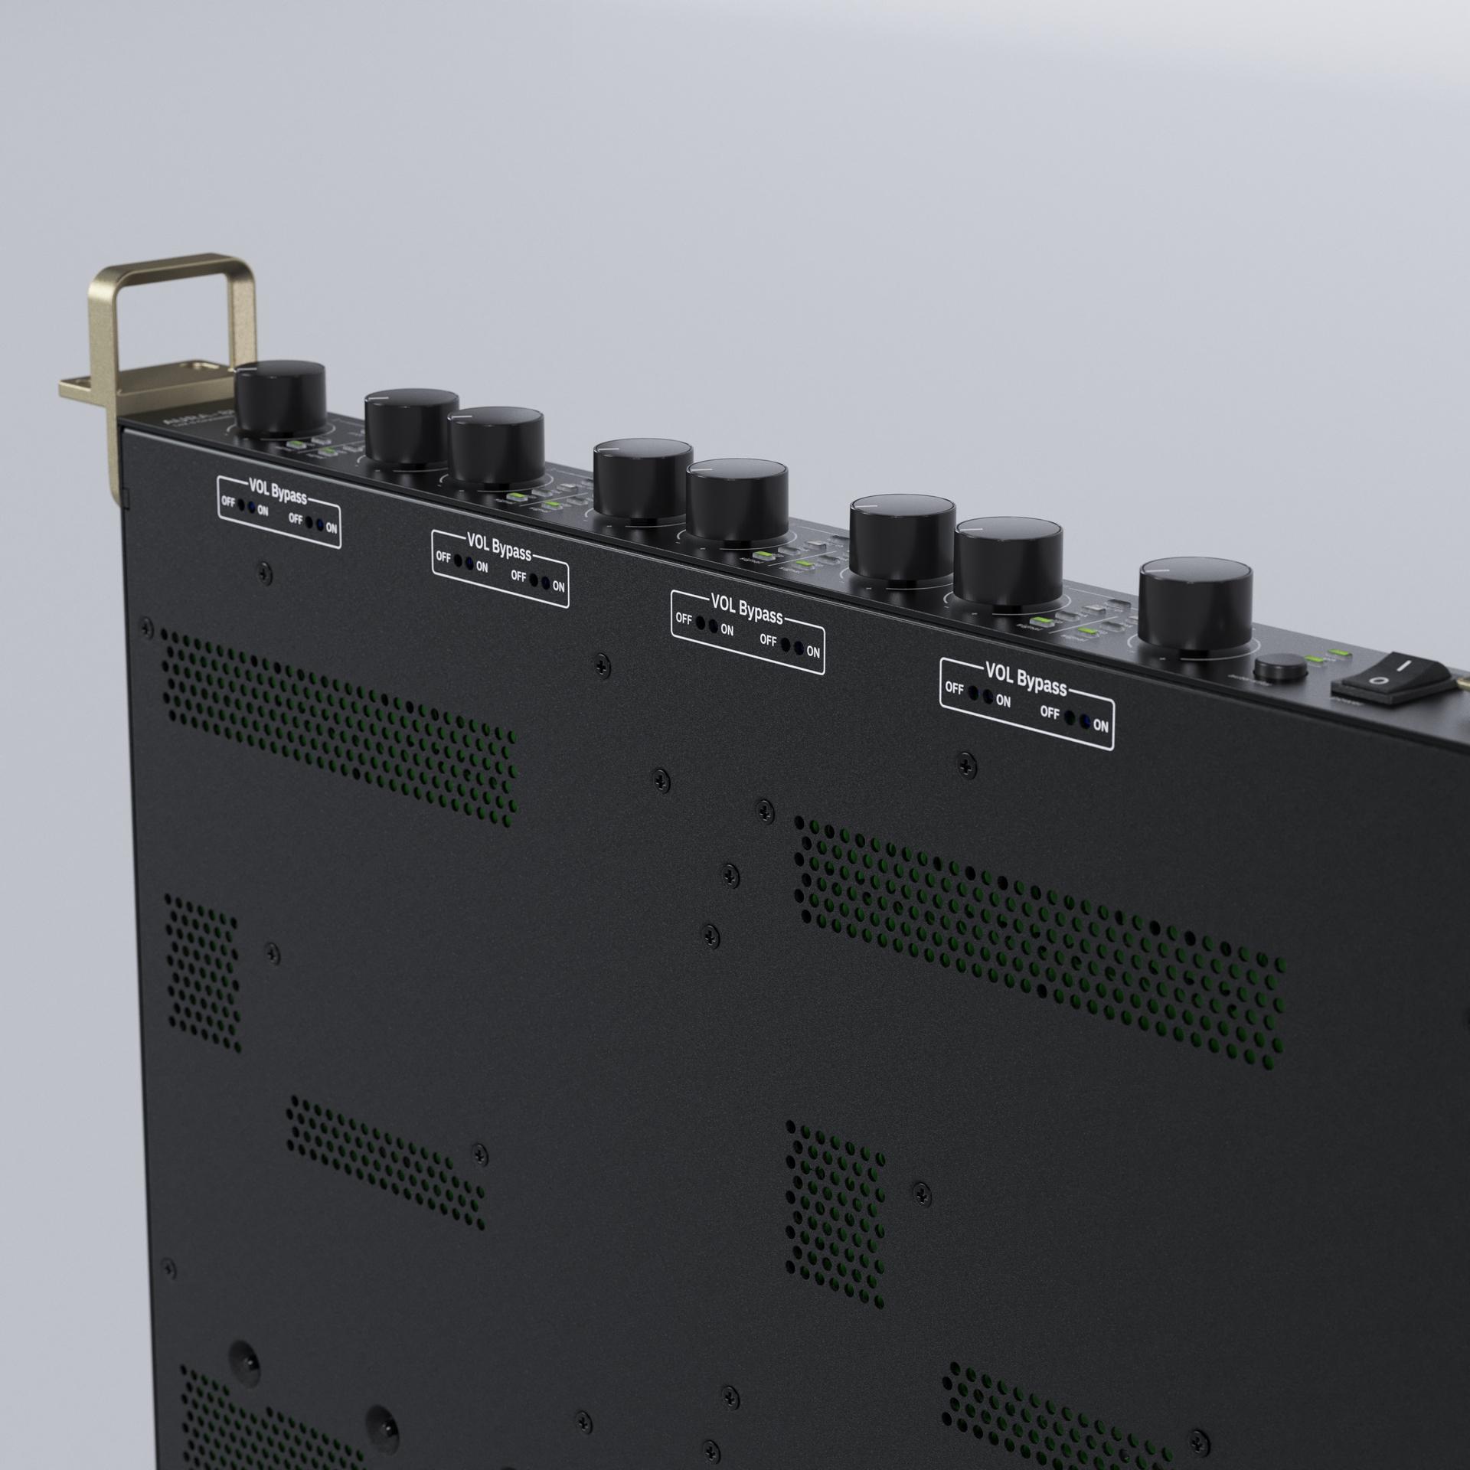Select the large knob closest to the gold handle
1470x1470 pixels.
coord(280,397)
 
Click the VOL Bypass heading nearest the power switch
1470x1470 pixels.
coord(1026,681)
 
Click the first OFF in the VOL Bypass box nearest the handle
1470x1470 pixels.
coord(227,502)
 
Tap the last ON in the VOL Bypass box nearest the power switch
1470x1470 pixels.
coord(1101,725)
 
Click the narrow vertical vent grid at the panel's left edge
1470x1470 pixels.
coord(203,973)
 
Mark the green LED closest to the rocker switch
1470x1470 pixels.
coord(1338,652)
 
